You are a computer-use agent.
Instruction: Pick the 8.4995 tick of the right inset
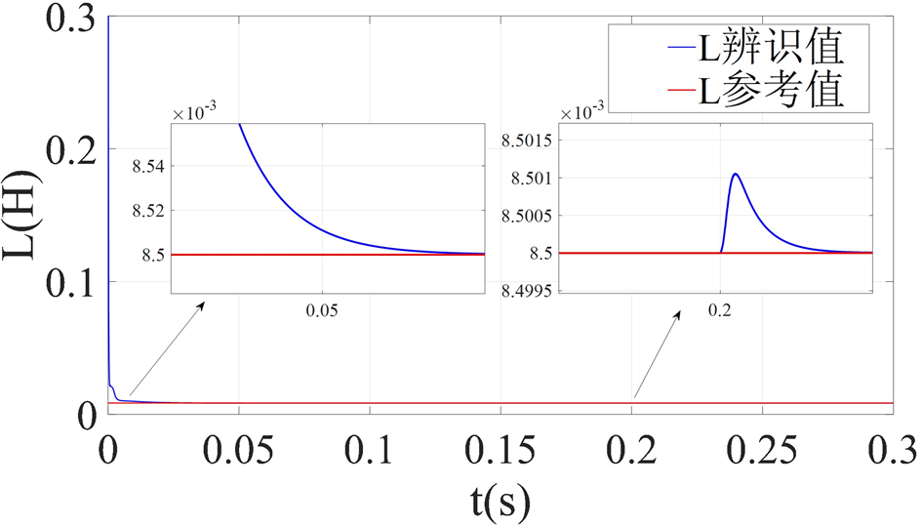[x=527, y=291]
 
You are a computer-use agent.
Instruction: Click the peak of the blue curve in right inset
[x=735, y=174]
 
